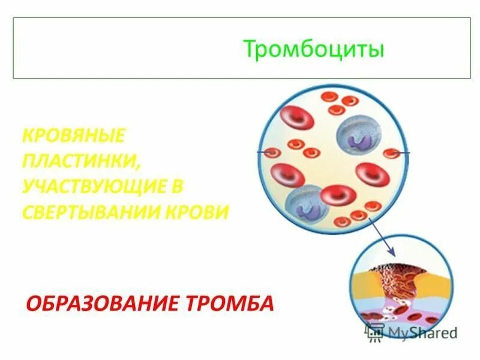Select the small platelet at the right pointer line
[x=392, y=153]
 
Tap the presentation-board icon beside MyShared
[x=375, y=332]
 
